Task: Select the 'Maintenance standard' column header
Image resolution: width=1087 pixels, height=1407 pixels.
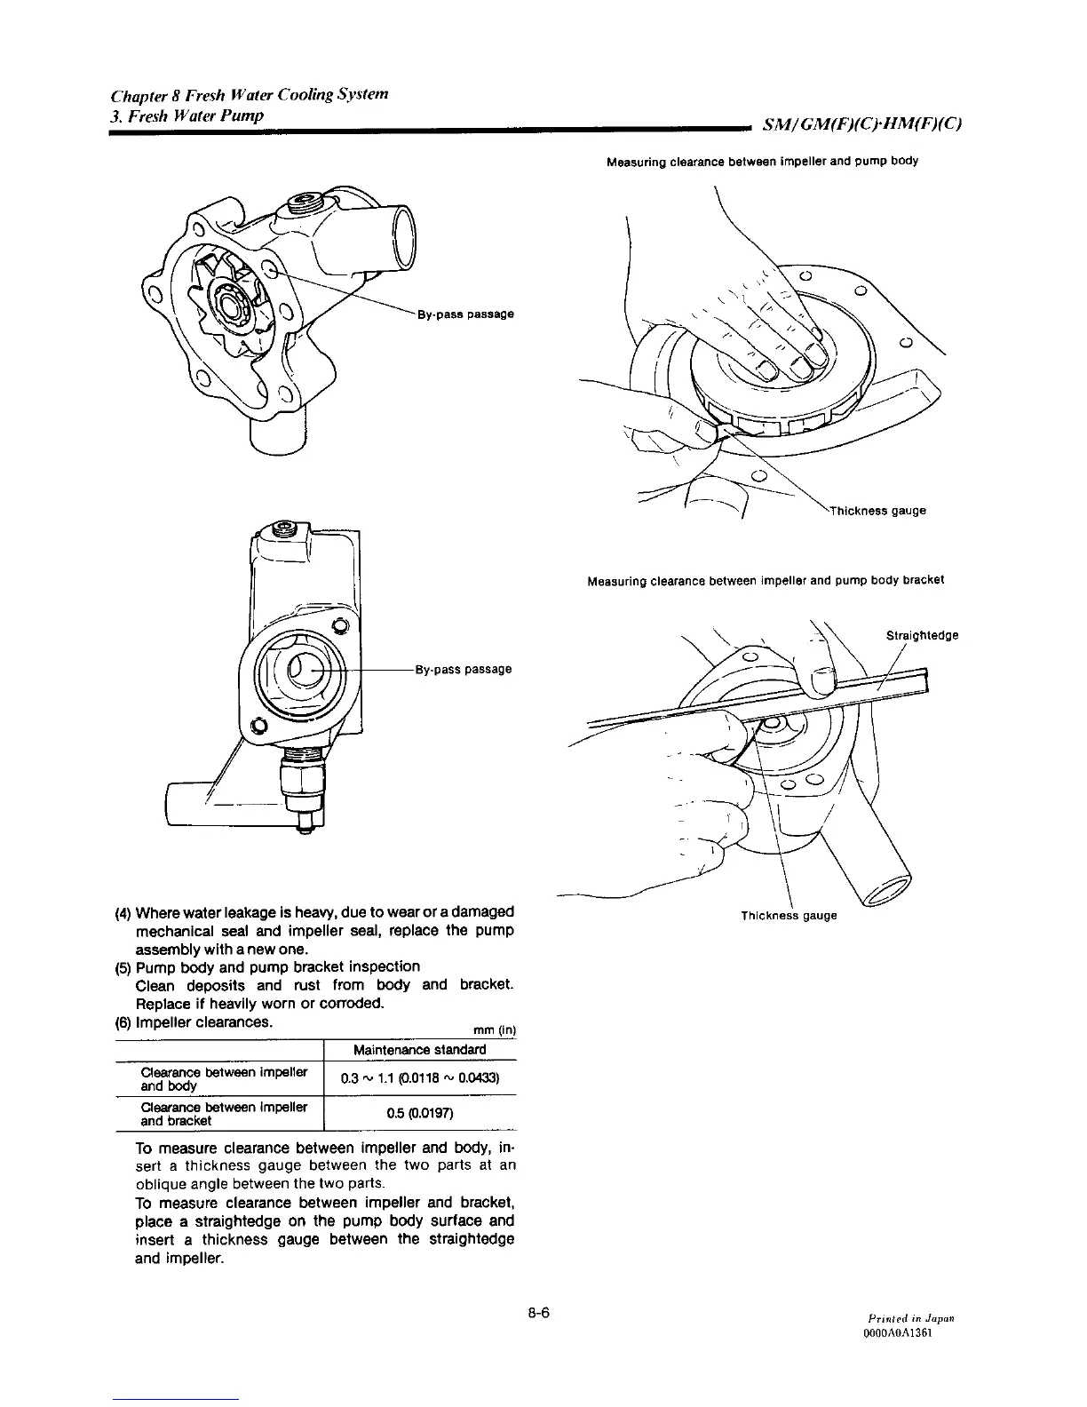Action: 419,1049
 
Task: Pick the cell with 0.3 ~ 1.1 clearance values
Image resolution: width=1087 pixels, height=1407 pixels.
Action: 419,1078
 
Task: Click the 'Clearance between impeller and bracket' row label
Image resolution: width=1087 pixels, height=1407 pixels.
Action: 223,1113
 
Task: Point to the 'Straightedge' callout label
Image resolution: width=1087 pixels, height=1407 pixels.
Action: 923,635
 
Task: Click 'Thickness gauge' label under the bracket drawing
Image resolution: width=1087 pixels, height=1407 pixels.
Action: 789,915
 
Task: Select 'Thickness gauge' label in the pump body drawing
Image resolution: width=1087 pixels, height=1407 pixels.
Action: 877,511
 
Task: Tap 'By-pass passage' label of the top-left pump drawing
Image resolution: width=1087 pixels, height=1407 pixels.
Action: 465,314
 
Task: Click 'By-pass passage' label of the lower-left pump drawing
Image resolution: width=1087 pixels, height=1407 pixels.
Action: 464,668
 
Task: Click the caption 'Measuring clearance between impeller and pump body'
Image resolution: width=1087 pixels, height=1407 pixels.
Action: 762,162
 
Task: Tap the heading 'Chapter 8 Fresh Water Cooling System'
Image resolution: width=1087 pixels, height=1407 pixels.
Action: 248,95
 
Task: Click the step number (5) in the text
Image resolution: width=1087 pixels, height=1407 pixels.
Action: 123,966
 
